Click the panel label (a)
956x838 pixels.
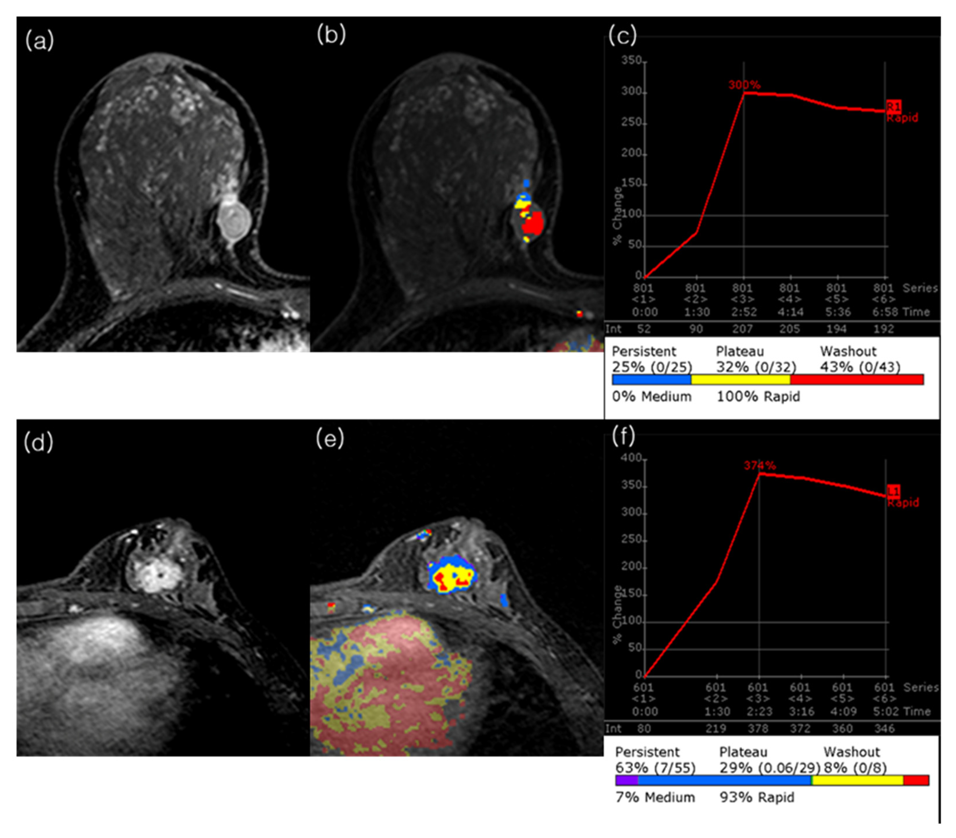point(40,41)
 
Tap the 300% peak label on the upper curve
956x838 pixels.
point(744,85)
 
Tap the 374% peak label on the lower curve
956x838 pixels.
point(760,465)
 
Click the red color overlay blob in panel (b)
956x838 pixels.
point(533,223)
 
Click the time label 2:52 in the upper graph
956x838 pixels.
point(743,312)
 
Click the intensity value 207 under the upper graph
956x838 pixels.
point(742,329)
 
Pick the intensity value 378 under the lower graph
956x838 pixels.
point(758,729)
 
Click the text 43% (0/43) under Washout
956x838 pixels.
point(860,367)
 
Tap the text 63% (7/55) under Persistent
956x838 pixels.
point(655,768)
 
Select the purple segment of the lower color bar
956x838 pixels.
point(627,780)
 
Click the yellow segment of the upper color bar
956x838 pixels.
point(741,379)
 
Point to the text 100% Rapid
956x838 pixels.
point(758,397)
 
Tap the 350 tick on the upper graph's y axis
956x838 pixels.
point(632,61)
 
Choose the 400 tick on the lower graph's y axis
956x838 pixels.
point(631,458)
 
